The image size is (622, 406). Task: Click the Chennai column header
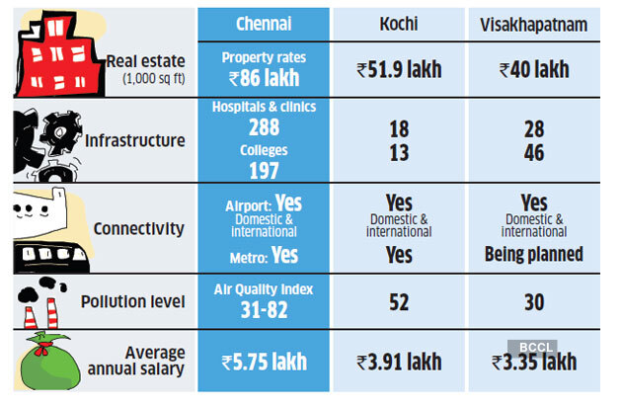coord(263,24)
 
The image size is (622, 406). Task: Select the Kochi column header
coord(398,24)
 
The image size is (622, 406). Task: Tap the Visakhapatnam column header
coord(533,24)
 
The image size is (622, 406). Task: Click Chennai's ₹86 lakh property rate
coord(263,77)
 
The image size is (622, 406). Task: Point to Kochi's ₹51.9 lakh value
coord(398,69)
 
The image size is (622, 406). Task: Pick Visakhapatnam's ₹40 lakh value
coord(533,69)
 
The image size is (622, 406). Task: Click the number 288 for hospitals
coord(263,126)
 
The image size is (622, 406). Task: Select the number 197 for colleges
coord(263,169)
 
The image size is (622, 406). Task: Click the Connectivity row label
coord(139,228)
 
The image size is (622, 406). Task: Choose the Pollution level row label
coord(139,301)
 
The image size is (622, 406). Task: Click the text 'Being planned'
coord(534,254)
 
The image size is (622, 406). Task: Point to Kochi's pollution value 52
coord(398,301)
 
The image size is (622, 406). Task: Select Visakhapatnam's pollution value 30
coord(533,301)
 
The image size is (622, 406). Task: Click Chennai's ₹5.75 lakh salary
coord(263,362)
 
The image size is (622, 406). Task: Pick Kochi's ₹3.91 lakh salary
coord(398,362)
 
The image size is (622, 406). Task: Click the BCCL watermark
coord(533,348)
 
